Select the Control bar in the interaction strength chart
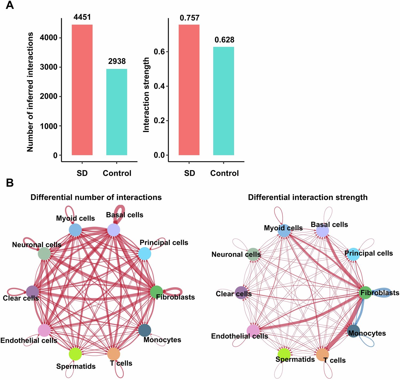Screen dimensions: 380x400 click(223, 101)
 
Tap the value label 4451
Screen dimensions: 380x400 click(82, 17)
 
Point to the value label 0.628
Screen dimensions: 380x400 click(224, 40)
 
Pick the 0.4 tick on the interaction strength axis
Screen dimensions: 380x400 click(159, 86)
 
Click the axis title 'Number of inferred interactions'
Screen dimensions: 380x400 click(30, 92)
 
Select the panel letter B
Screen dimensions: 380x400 click(10, 183)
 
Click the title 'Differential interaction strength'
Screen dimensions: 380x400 click(307, 197)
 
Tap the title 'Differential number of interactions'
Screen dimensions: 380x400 click(96, 197)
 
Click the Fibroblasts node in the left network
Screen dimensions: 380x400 click(157, 292)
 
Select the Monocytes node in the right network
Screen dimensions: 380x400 click(354, 331)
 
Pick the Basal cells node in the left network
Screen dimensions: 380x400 click(114, 230)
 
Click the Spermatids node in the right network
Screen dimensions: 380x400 click(284, 354)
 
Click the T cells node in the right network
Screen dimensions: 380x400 click(322, 354)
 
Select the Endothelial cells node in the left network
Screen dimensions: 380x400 click(44, 330)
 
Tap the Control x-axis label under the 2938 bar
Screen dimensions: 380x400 click(117, 173)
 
